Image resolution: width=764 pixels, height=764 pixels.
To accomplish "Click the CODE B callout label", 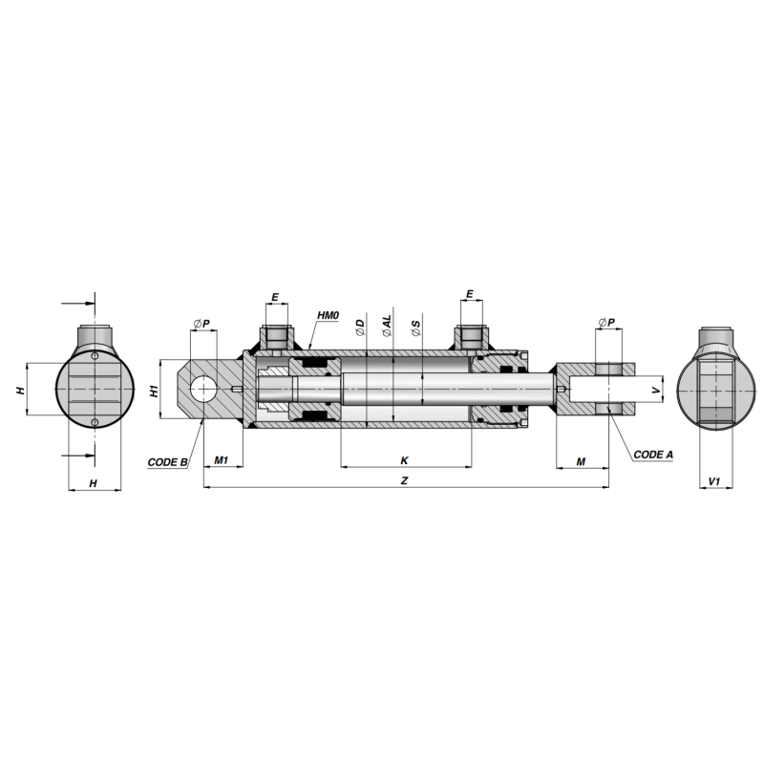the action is tap(168, 462).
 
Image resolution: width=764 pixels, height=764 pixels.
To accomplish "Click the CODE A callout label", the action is tap(653, 455).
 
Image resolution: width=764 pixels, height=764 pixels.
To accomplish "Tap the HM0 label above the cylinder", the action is tap(328, 316).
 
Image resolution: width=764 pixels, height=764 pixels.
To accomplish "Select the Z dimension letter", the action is tap(404, 481).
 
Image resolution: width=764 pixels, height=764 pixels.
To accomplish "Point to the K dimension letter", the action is tap(404, 460).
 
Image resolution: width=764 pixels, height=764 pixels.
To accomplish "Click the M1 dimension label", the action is tap(222, 460).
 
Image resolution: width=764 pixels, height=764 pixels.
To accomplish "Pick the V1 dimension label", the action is tap(713, 481).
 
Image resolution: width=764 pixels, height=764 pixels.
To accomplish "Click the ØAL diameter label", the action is tap(387, 326).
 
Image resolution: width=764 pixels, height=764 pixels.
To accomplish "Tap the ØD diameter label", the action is tap(360, 328).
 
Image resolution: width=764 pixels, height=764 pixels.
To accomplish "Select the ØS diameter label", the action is tap(415, 329).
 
